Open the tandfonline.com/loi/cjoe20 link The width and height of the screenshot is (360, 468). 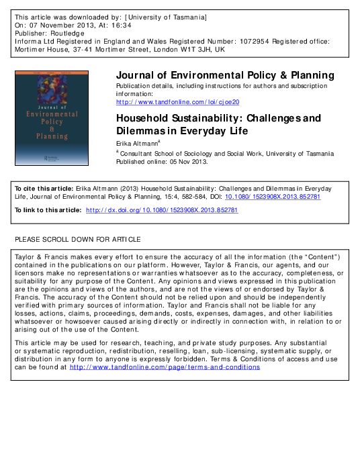tap(177, 102)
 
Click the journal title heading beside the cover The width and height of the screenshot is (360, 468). tap(225, 75)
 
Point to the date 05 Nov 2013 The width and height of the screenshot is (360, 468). tap(188, 162)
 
